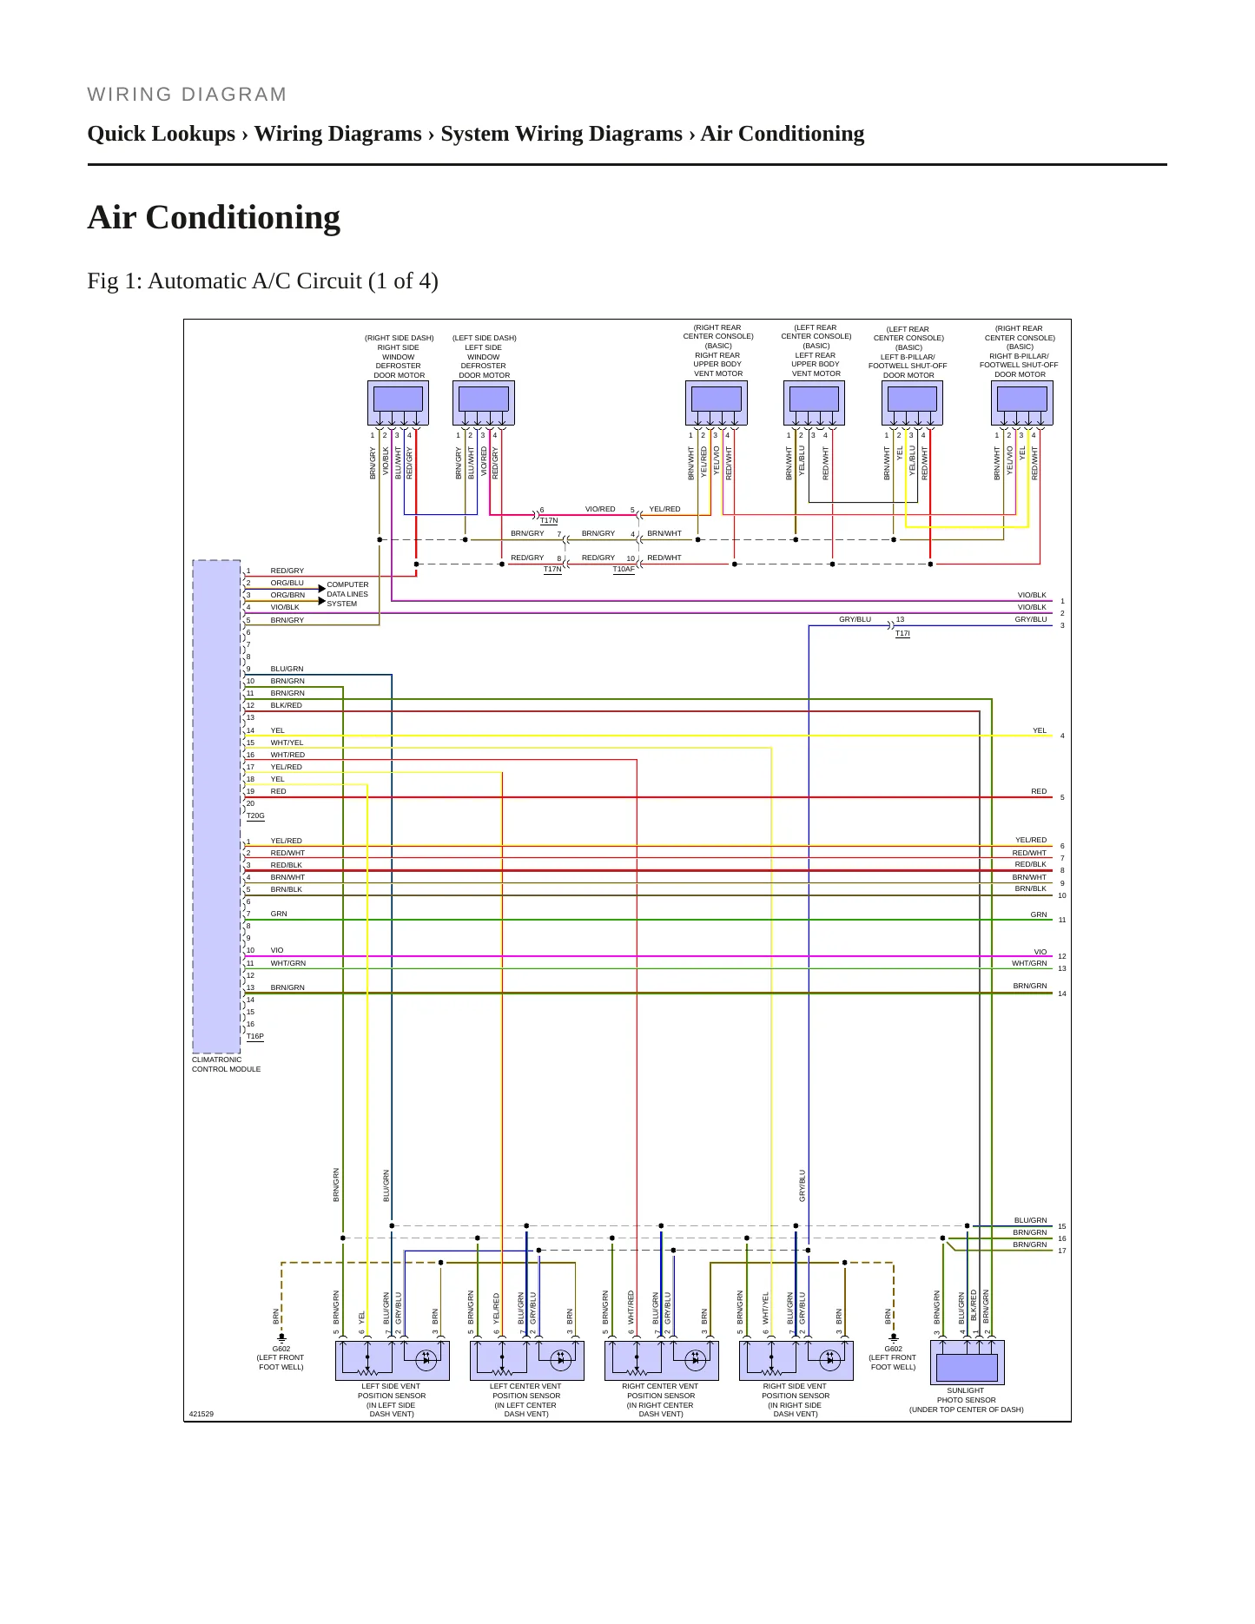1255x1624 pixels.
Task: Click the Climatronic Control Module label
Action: tap(226, 1064)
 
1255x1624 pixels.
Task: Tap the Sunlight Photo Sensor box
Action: tap(967, 1363)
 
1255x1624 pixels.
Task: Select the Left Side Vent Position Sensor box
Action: tap(393, 1361)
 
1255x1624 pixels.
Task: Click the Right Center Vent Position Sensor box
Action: tap(662, 1361)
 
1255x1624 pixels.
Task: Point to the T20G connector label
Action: tap(255, 816)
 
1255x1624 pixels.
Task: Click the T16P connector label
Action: tap(255, 1036)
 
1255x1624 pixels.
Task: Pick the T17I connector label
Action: tap(902, 634)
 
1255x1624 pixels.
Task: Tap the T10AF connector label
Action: tap(624, 570)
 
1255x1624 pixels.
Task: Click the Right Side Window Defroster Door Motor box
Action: tap(399, 403)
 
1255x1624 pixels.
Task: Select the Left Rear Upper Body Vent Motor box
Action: tap(815, 403)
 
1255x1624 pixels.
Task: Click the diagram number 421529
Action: tap(201, 1414)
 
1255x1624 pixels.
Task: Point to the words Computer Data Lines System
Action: tap(347, 594)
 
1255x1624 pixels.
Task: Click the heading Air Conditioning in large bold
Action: tap(214, 217)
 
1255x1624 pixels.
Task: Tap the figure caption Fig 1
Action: tap(262, 281)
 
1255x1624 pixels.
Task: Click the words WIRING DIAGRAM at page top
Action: tap(187, 95)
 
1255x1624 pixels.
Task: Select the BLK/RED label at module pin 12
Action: tap(287, 705)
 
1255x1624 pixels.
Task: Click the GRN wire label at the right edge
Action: tap(1039, 914)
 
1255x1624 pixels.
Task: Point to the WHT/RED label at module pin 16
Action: tap(287, 755)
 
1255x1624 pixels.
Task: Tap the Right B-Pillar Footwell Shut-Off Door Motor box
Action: tap(1022, 403)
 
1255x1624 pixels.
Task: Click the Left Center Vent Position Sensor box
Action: tap(527, 1361)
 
